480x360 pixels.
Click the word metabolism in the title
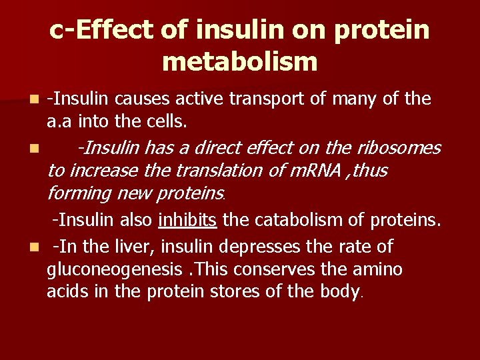coord(239,62)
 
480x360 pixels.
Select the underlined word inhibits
coord(187,220)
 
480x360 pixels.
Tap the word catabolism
coord(287,220)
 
